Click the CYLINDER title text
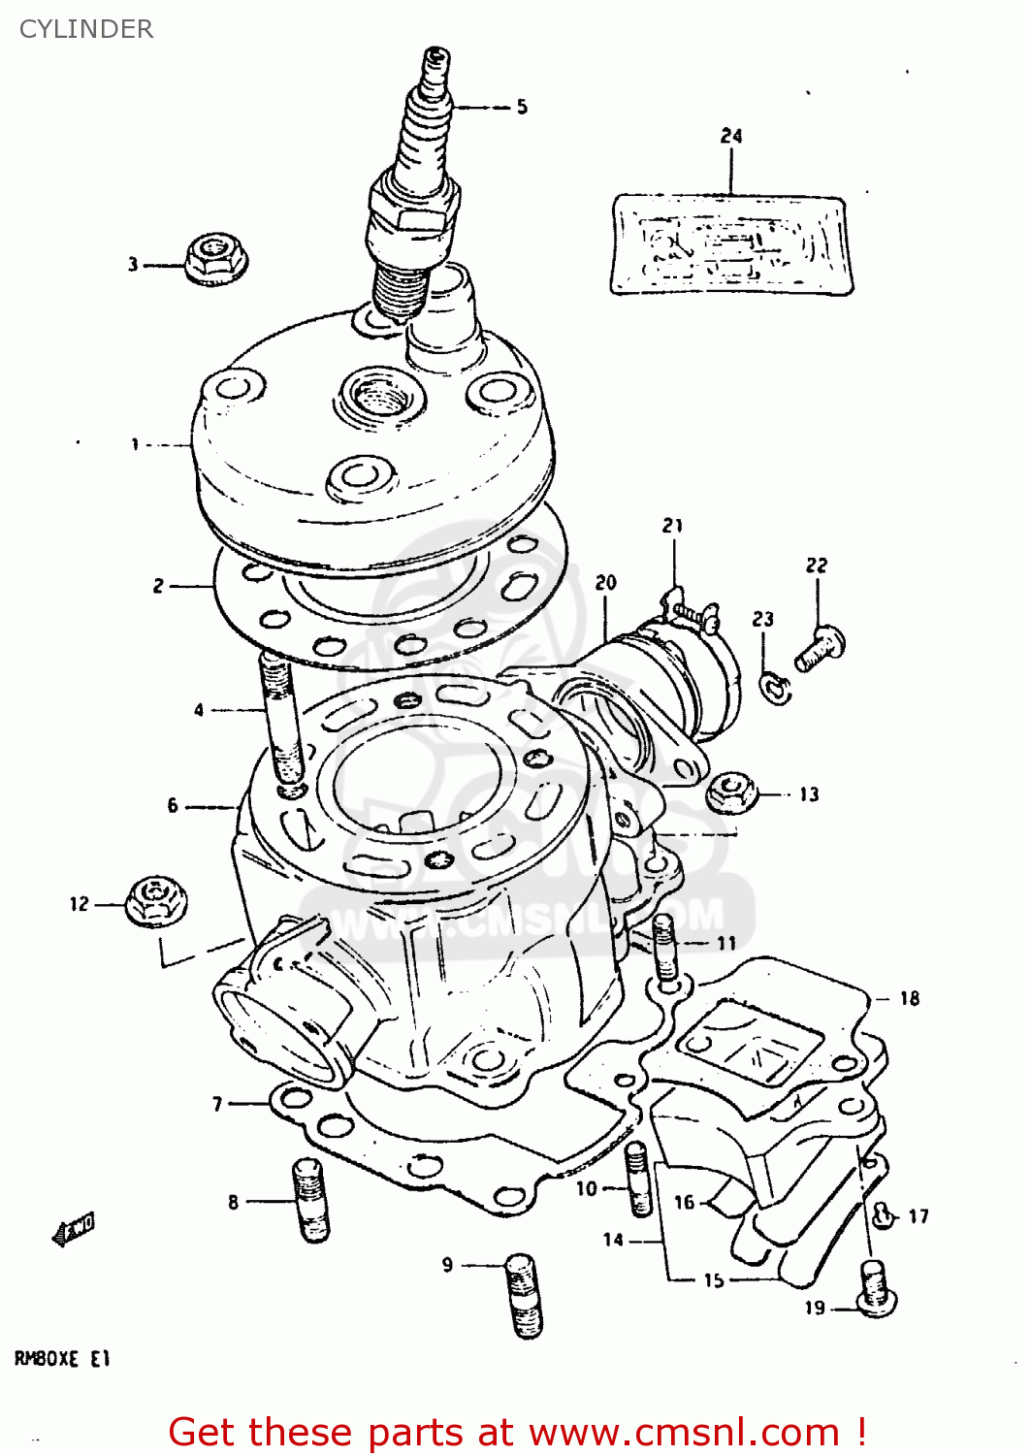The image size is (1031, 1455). [x=86, y=29]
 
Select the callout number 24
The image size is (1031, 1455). [x=731, y=137]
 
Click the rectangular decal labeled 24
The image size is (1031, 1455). [x=731, y=243]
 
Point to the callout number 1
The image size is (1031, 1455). [x=136, y=444]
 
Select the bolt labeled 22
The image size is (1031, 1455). [x=821, y=648]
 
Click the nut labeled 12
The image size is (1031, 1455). [x=156, y=901]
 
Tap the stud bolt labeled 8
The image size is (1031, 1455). [x=311, y=1200]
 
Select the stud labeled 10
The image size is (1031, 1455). [x=637, y=1178]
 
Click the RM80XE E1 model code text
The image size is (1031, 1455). [x=62, y=1359]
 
